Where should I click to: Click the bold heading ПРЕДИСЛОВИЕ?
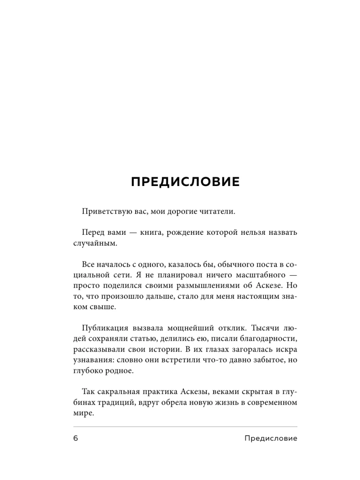click(185, 182)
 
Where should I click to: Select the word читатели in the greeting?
click(217, 212)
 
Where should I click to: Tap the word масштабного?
click(248, 275)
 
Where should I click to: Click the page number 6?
click(76, 438)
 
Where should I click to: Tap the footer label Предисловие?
click(271, 438)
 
